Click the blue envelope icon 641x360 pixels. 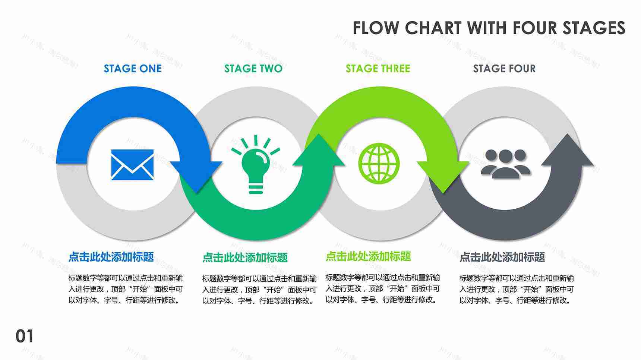coord(132,165)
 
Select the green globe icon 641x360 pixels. coord(379,163)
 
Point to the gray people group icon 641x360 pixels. coord(506,164)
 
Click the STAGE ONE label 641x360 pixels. coord(133,69)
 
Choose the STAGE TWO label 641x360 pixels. coord(253,69)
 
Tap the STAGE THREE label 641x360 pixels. coord(378,69)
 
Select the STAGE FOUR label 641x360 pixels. coord(504,69)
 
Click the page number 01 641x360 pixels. coord(25,336)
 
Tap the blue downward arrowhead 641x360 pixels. coord(197,175)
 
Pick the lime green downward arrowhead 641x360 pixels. coord(443,175)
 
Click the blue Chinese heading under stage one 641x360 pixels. coord(111,257)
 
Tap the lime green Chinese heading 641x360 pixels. coord(368,256)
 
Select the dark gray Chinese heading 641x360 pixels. coord(502,257)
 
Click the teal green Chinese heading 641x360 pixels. coord(245,258)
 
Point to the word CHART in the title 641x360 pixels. coord(434,28)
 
